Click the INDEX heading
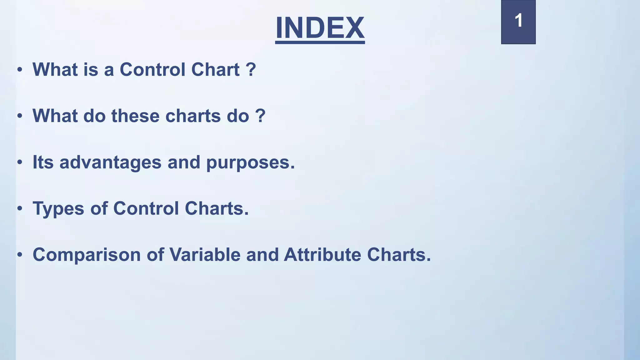pos(320,28)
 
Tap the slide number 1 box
pos(518,22)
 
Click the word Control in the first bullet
pos(153,69)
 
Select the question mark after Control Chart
pos(251,69)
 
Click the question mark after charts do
pos(260,116)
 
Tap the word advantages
pos(110,162)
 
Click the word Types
pos(58,209)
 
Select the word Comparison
pos(87,255)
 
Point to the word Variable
pos(205,254)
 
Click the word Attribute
pos(322,254)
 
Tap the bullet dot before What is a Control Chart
pos(20,70)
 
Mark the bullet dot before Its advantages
pos(20,162)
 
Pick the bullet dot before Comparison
pos(20,255)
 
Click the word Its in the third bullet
pos(43,162)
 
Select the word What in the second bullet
pos(55,116)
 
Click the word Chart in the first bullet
pos(215,69)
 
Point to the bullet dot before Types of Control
pos(20,209)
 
